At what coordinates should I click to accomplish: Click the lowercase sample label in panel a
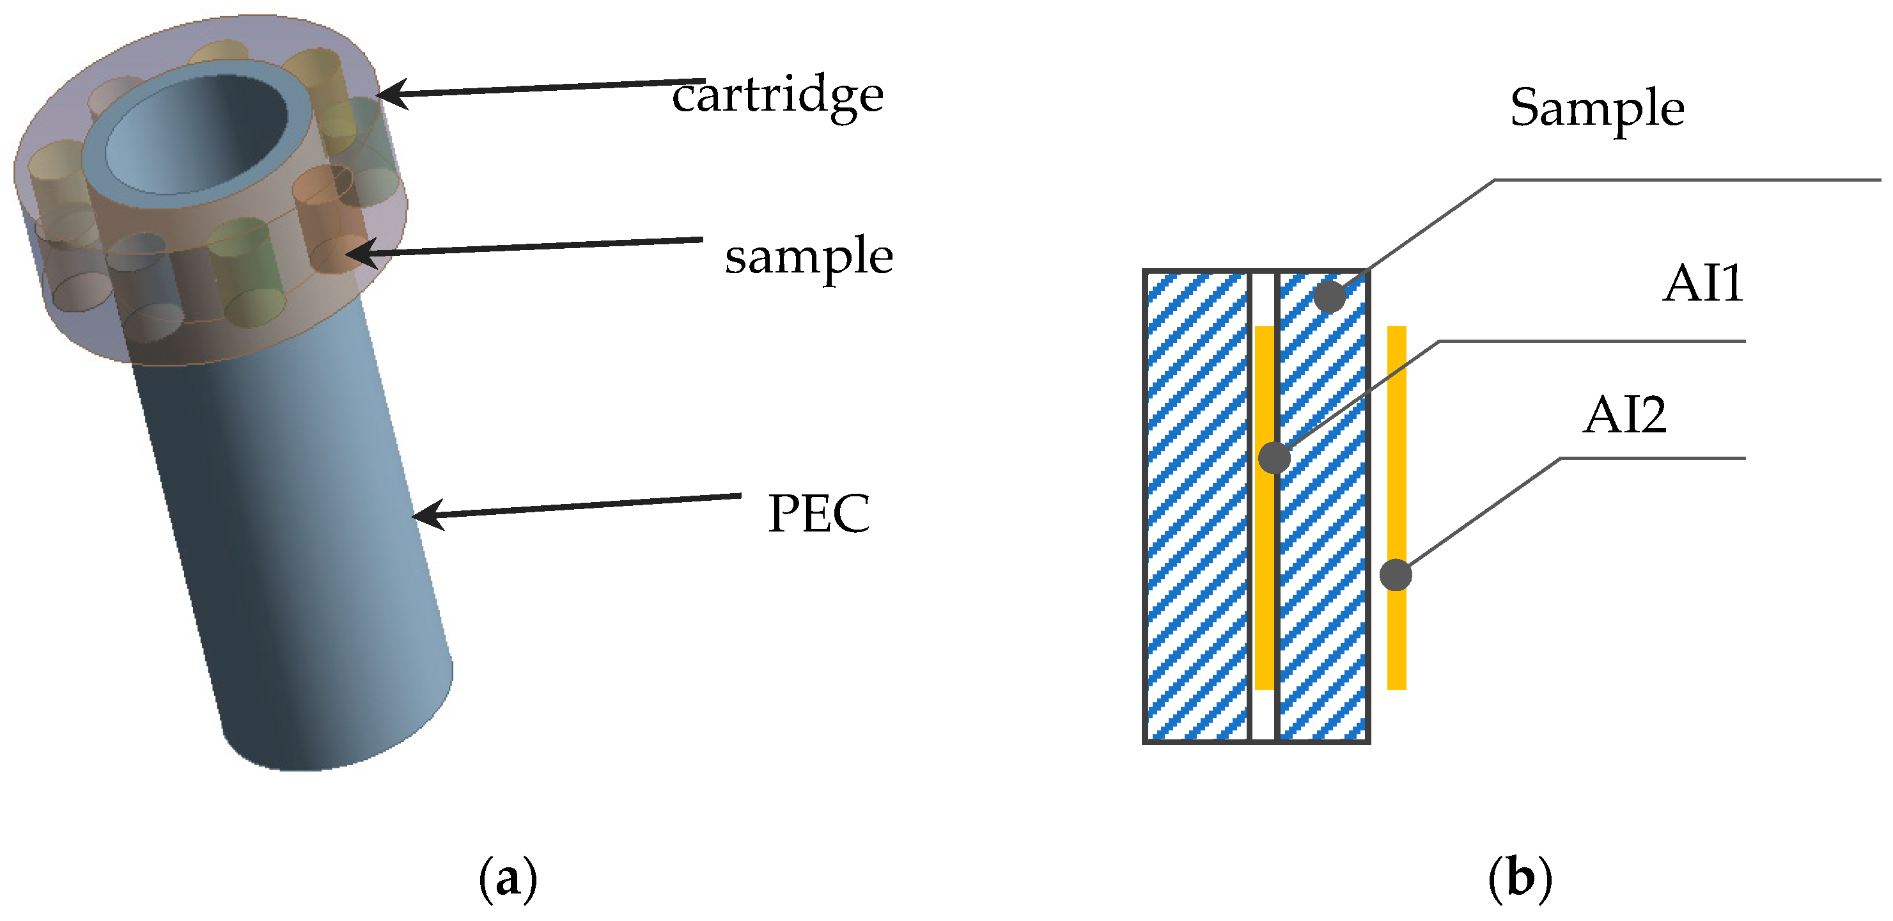click(808, 256)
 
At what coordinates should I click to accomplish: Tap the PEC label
click(818, 513)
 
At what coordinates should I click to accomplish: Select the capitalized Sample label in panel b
click(1596, 109)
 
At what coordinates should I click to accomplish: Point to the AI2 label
click(1624, 415)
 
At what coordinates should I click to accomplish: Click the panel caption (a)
click(508, 878)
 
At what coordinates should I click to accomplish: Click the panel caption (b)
click(1519, 878)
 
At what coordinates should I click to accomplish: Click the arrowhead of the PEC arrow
click(425, 514)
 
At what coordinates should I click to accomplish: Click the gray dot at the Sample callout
click(1328, 296)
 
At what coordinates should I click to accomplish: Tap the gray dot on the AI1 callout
click(1274, 457)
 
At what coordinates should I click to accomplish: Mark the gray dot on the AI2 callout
click(1395, 575)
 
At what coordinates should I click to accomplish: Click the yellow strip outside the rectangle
click(1396, 647)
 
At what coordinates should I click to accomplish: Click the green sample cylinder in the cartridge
click(242, 272)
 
